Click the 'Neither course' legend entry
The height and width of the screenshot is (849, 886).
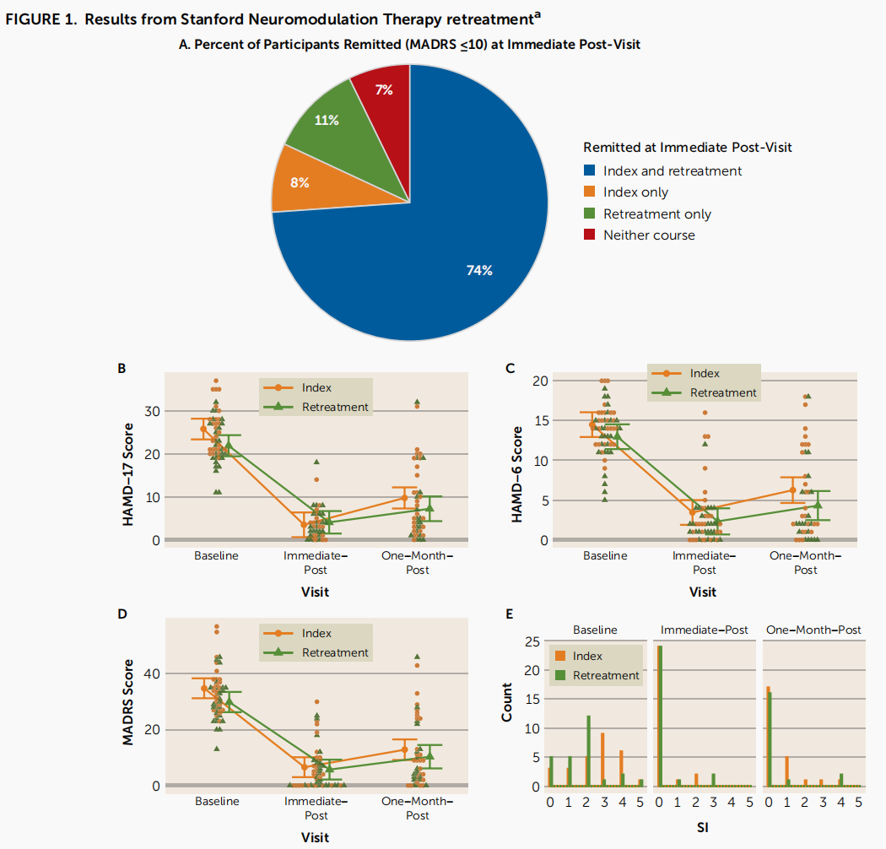(x=649, y=235)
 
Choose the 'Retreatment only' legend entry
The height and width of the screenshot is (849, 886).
(x=656, y=214)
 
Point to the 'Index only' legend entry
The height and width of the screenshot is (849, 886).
(x=635, y=192)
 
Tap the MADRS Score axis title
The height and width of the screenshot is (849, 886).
(x=129, y=707)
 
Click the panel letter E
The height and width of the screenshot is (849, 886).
(x=509, y=614)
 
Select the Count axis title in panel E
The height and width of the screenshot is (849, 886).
(x=507, y=700)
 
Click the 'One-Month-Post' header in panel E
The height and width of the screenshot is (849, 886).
(x=813, y=630)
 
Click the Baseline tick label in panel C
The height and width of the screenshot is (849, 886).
(x=605, y=555)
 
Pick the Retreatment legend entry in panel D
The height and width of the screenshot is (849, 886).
(x=335, y=652)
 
